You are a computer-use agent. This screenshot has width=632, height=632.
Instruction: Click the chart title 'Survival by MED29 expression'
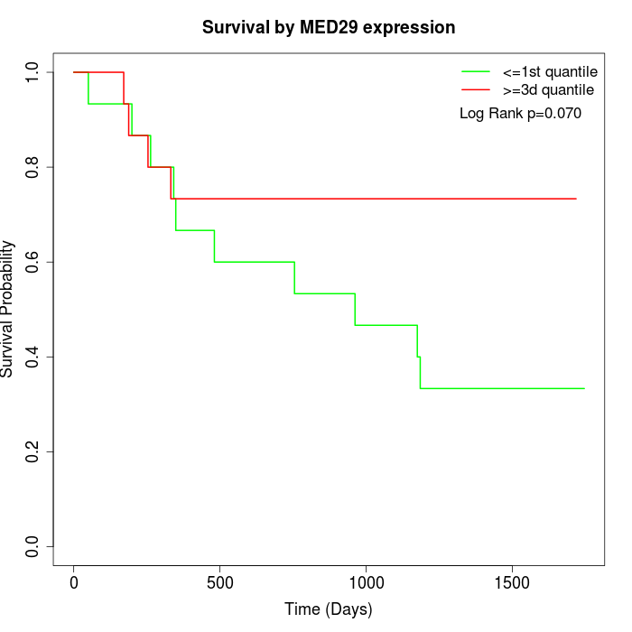pyautogui.click(x=329, y=27)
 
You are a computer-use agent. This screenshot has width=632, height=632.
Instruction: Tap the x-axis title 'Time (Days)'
pyautogui.click(x=329, y=609)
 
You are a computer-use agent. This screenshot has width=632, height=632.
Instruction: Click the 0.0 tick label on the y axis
pyautogui.click(x=33, y=546)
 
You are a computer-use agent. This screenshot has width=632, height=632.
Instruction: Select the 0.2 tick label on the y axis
pyautogui.click(x=33, y=451)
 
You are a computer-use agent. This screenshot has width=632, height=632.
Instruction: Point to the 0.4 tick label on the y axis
pyautogui.click(x=33, y=357)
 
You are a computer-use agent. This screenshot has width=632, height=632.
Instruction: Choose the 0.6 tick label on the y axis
pyautogui.click(x=33, y=262)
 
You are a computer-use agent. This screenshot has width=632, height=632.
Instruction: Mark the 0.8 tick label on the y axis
pyautogui.click(x=33, y=167)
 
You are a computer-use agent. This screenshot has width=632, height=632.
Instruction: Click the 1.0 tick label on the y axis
pyautogui.click(x=33, y=72)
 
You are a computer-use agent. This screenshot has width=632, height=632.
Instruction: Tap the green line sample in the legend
pyautogui.click(x=476, y=71)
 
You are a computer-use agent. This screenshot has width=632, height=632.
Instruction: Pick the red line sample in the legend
pyautogui.click(x=476, y=90)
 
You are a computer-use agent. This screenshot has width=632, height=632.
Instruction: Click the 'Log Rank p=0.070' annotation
pyautogui.click(x=520, y=114)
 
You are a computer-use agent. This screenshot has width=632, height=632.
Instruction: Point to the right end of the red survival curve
pyautogui.click(x=576, y=199)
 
